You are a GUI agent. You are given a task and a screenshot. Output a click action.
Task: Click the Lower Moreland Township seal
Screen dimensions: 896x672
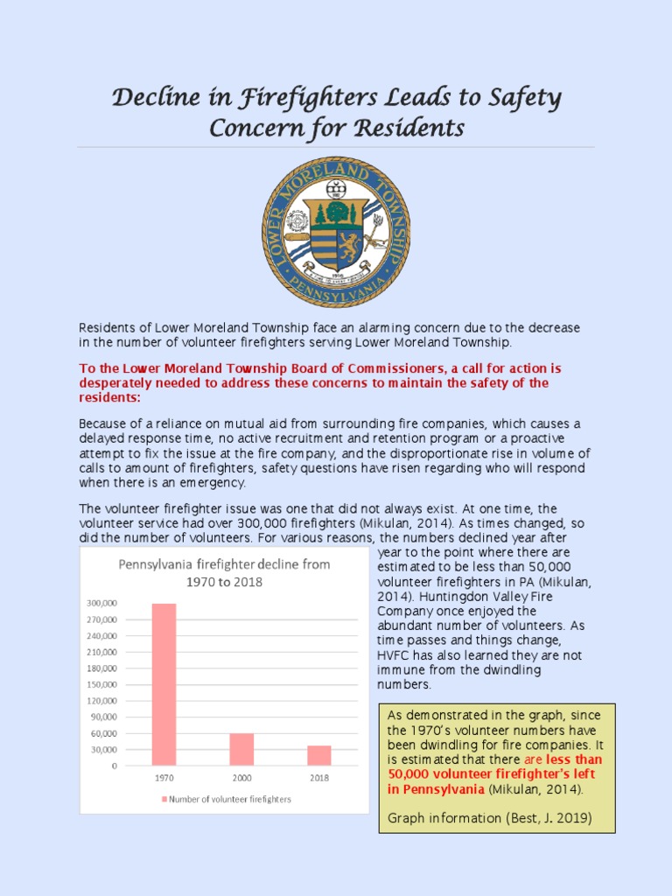[x=337, y=232]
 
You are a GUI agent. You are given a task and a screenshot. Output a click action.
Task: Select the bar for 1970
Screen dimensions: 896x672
[x=164, y=684]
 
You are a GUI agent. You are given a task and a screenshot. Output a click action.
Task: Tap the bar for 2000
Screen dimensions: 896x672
[x=241, y=749]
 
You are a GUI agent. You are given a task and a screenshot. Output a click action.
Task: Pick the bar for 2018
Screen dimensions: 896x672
[x=319, y=755]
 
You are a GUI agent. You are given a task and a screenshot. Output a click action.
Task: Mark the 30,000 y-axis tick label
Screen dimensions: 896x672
[x=104, y=749]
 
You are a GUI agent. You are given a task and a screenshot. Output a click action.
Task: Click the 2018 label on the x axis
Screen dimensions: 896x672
[x=319, y=777]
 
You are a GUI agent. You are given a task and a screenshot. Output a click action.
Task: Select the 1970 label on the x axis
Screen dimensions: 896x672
[x=164, y=777]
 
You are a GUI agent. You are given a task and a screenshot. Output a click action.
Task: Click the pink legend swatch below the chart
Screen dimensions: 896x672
[x=164, y=799]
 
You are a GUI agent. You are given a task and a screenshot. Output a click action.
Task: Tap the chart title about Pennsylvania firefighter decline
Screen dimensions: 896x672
[x=224, y=572]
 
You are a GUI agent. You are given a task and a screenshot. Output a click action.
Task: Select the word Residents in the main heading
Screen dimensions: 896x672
[x=408, y=129]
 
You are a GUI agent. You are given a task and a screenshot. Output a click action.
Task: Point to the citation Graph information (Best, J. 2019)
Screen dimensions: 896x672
[x=489, y=818]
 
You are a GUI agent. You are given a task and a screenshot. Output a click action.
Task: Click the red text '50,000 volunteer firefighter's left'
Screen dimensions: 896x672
[x=493, y=774]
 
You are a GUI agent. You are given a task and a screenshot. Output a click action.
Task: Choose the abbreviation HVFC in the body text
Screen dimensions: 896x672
[x=393, y=655]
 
